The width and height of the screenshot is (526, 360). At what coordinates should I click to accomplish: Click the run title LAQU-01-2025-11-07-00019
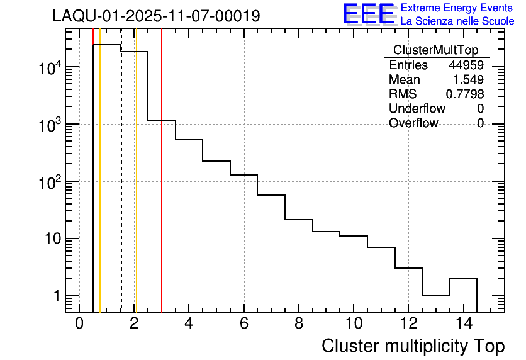[156, 16]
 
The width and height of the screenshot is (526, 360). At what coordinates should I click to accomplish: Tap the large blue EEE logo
[369, 14]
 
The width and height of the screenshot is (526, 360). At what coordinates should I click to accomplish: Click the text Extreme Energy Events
[457, 8]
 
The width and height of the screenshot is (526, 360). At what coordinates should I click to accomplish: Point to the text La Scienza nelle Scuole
[457, 21]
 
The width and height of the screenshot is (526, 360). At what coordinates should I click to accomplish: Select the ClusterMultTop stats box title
[435, 50]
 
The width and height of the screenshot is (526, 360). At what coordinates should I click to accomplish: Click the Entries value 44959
[466, 65]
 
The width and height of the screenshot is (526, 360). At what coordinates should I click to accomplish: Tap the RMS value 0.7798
[465, 94]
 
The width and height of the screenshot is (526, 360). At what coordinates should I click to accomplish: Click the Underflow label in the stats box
[417, 109]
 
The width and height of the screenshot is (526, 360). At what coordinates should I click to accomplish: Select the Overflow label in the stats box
[413, 123]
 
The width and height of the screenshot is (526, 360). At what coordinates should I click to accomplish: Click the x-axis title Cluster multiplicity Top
[413, 346]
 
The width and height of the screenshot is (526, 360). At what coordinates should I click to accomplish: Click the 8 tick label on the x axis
[299, 323]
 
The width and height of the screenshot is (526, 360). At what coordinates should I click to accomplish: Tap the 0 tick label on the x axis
[79, 323]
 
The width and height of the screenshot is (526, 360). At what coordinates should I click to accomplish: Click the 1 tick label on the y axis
[57, 296]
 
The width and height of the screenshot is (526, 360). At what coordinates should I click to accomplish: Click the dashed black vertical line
[121, 189]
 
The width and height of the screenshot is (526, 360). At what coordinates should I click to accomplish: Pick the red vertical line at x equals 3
[162, 189]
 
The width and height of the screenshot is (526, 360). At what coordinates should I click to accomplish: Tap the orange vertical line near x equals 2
[136, 189]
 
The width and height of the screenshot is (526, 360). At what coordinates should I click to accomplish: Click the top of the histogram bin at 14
[463, 278]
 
